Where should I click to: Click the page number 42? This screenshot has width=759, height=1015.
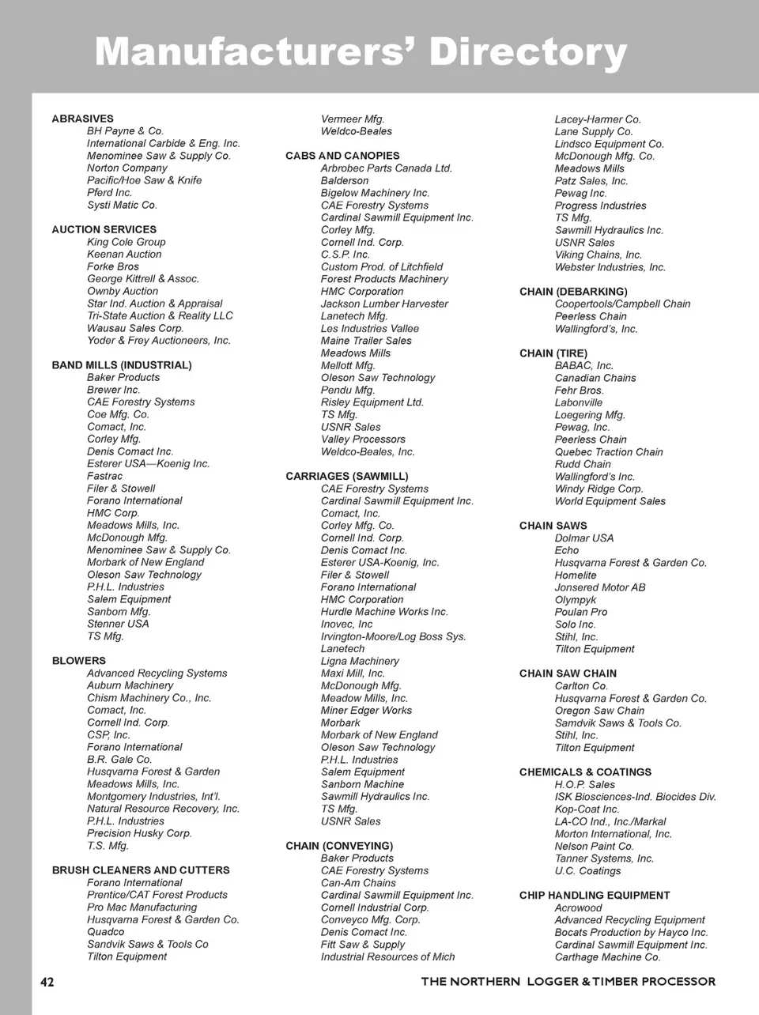click(47, 982)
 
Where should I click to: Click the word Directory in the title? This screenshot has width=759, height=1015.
click(527, 52)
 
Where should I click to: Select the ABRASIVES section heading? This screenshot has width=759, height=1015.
click(82, 119)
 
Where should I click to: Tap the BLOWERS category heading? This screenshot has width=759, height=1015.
click(78, 661)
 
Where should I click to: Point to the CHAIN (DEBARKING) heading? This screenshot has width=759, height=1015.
click(573, 292)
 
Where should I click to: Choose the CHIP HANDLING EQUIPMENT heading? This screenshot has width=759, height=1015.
click(595, 896)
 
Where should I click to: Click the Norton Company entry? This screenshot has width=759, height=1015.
click(126, 168)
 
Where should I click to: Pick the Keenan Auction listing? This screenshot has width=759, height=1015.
click(124, 254)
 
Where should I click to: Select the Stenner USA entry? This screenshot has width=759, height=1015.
click(118, 624)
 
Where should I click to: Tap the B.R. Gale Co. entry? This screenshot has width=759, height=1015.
click(119, 759)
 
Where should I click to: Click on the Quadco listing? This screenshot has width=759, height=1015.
click(106, 931)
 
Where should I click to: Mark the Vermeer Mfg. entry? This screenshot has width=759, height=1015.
click(353, 119)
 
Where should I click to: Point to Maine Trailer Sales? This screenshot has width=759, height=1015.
click(366, 341)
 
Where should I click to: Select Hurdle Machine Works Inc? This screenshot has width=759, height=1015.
click(384, 611)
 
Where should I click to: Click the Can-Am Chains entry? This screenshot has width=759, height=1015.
click(358, 882)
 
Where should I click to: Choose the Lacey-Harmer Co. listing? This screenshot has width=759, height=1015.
click(598, 119)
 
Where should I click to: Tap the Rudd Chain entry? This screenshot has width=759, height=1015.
click(583, 464)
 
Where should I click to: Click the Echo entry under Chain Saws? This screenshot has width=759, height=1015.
click(567, 550)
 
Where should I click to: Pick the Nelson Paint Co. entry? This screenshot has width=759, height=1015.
click(594, 846)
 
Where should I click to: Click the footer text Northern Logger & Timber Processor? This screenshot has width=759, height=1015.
click(568, 982)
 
